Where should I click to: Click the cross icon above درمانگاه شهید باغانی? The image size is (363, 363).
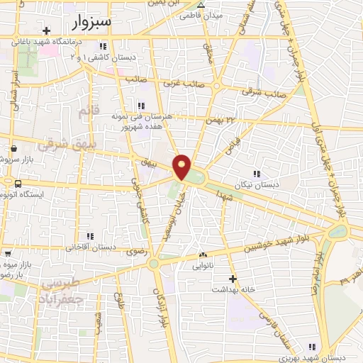[x=47, y=30]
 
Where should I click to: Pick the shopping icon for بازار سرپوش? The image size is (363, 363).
[x=13, y=149]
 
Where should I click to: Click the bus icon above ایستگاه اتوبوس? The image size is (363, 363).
[x=8, y=184]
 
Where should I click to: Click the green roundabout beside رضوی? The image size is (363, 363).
[x=153, y=264]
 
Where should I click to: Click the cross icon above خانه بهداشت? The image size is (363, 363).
[x=233, y=279]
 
